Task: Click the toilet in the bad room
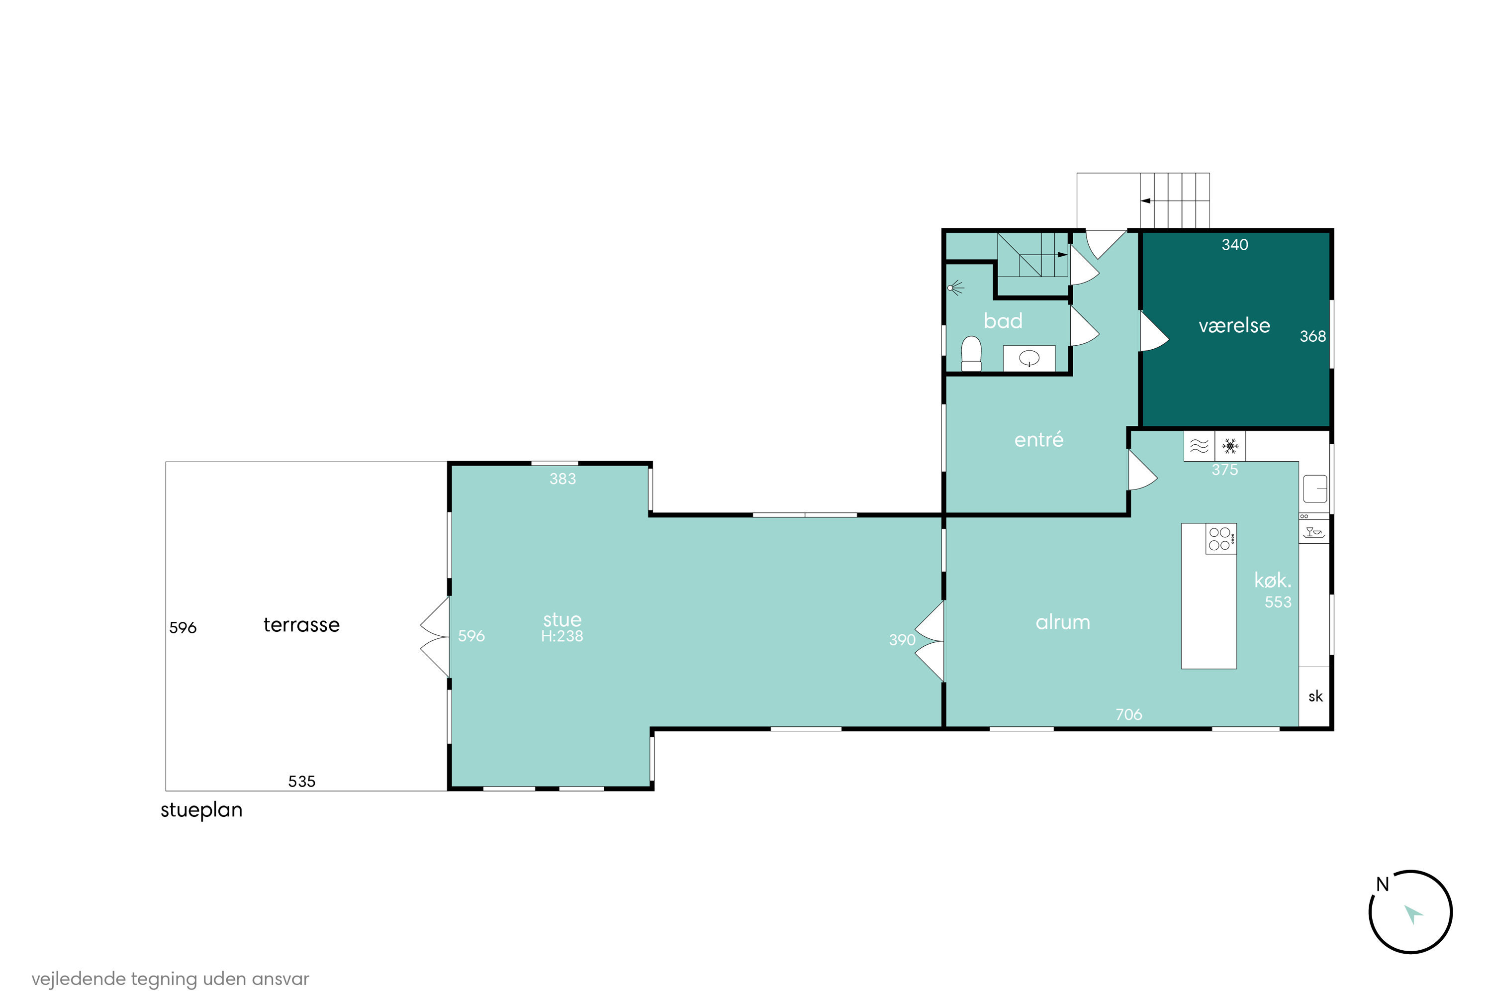click(971, 354)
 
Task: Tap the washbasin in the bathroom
click(1029, 359)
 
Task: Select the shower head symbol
click(956, 288)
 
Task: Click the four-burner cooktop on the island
click(1221, 539)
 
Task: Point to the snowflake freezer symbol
click(1230, 446)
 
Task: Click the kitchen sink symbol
click(1315, 489)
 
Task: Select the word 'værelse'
click(1234, 325)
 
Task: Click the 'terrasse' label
click(301, 624)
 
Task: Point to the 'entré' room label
click(1038, 439)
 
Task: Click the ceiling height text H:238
click(562, 636)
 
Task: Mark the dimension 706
click(1129, 714)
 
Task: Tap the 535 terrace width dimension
click(302, 781)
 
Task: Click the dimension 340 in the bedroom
click(1235, 245)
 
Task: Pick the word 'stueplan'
click(202, 810)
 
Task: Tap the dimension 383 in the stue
click(562, 479)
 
